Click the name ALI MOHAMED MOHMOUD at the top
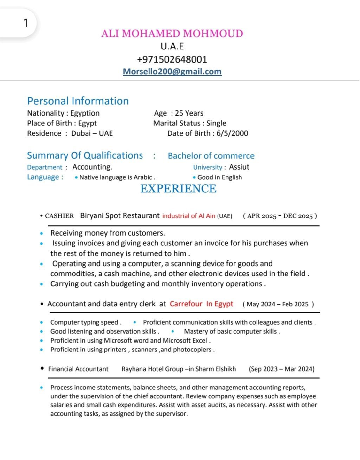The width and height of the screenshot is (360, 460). [x=172, y=34]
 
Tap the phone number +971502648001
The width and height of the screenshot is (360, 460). [x=172, y=59]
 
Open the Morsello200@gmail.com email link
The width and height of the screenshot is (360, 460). [x=172, y=71]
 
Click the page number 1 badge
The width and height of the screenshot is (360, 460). [x=25, y=23]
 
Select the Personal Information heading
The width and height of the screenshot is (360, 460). [x=78, y=101]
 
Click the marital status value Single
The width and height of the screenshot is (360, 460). [x=216, y=123]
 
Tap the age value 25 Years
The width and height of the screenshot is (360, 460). [x=189, y=113]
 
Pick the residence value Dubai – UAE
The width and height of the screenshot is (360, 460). [x=92, y=133]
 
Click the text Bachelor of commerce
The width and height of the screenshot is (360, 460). [x=211, y=156]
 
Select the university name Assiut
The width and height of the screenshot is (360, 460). [x=239, y=167]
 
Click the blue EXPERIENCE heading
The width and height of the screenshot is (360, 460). [x=178, y=189]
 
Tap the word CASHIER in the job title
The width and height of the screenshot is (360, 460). [x=59, y=216]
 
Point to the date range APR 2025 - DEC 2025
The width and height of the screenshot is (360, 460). [x=280, y=216]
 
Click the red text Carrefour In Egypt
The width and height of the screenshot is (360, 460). [x=201, y=304]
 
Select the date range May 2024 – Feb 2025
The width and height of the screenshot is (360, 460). [x=278, y=304]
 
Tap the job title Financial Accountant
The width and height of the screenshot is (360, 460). [x=78, y=369]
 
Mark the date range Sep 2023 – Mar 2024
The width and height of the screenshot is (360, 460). [x=282, y=369]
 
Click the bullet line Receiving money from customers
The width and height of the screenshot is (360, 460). [x=108, y=233]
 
